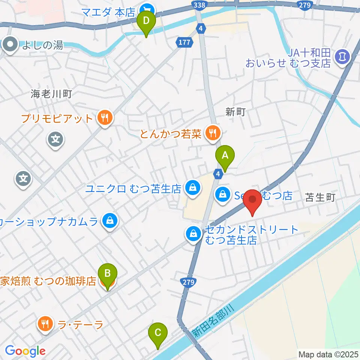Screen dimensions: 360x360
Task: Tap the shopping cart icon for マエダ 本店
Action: tap(146, 9)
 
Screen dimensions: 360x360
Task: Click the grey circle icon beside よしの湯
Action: tap(10, 45)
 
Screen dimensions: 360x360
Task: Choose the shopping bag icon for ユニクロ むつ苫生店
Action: tap(192, 188)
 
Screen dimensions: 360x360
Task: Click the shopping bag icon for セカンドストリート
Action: tap(193, 234)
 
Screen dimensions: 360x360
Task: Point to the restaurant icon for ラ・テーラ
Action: tap(46, 324)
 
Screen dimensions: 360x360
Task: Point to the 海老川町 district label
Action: tap(51, 94)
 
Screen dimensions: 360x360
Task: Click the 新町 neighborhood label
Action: tap(235, 111)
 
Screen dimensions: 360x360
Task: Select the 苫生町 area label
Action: tap(319, 198)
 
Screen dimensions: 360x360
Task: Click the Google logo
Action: tap(25, 351)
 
